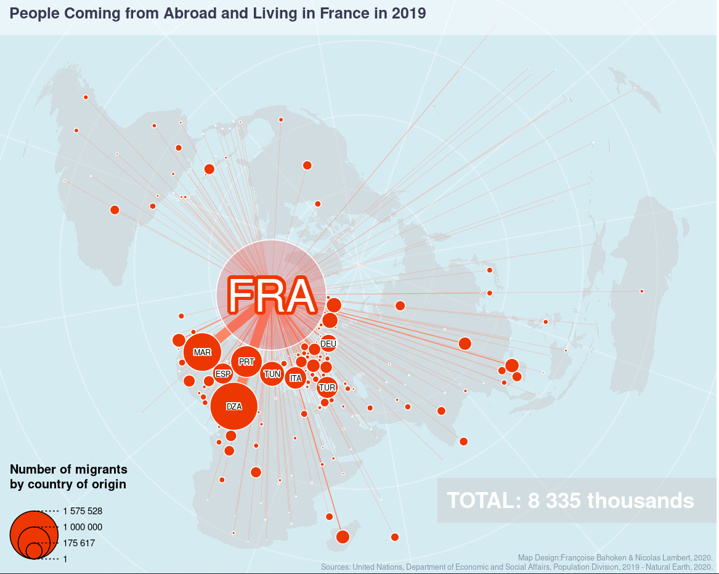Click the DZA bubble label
[234, 406]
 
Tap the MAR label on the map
[202, 353]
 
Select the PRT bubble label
[246, 362]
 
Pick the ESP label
[223, 374]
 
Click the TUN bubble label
[272, 374]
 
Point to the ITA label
[296, 378]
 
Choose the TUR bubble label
[327, 388]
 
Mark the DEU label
[328, 344]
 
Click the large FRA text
[271, 296]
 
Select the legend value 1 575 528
[83, 511]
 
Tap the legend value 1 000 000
[83, 527]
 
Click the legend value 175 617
[79, 543]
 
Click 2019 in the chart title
[408, 13]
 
